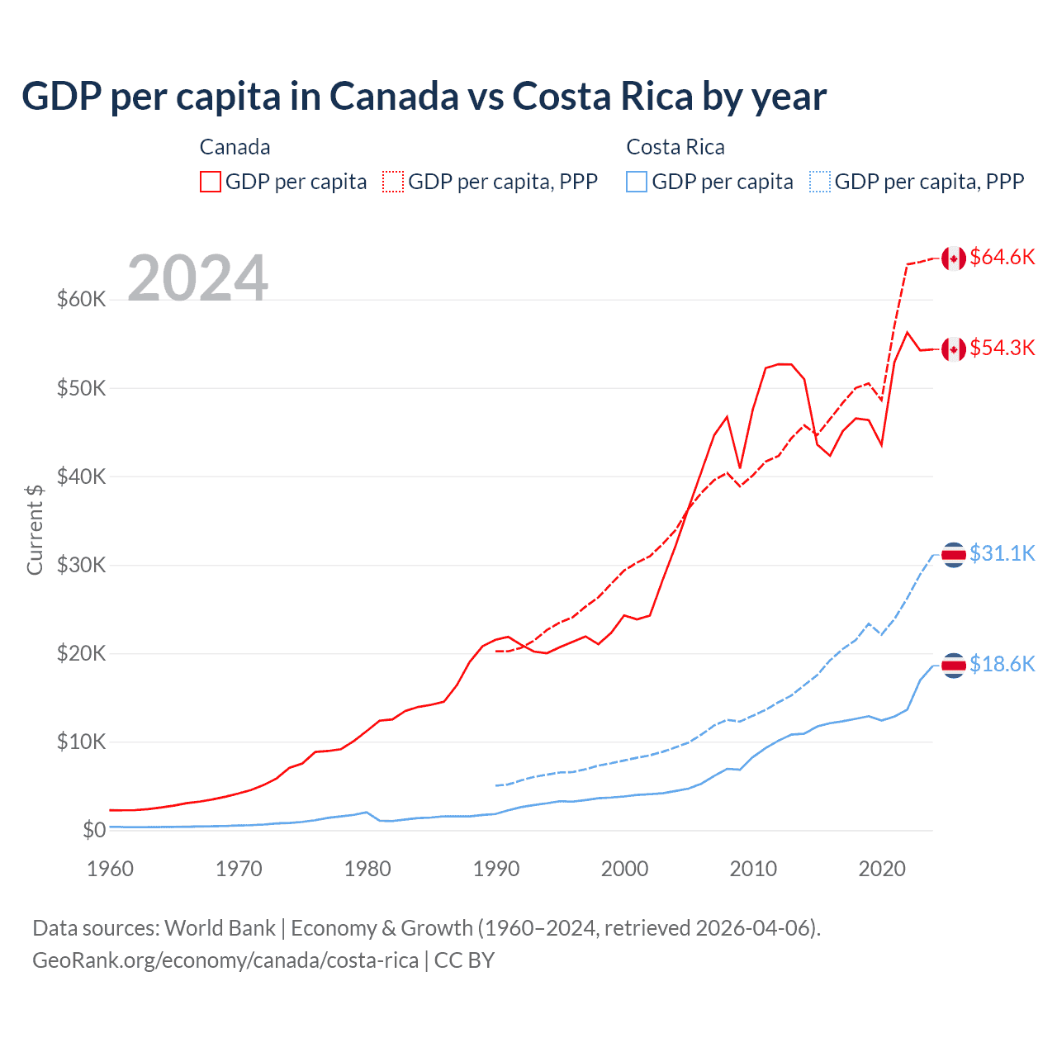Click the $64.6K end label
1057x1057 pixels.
click(x=1002, y=258)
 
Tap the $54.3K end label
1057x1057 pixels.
click(x=1002, y=348)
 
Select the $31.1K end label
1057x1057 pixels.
click(x=1002, y=553)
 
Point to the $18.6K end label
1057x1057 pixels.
click(x=1002, y=664)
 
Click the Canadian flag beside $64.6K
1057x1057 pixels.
click(x=954, y=258)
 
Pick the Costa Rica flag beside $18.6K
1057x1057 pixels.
click(x=954, y=665)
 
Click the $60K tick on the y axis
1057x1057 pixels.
click(x=81, y=300)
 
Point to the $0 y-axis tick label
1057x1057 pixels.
click(x=94, y=831)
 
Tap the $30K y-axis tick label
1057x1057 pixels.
click(x=81, y=566)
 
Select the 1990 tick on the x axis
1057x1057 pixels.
click(x=496, y=869)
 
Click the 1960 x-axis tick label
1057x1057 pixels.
click(x=110, y=869)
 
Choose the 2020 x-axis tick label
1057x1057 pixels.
click(x=882, y=869)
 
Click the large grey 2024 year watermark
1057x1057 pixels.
click(x=197, y=278)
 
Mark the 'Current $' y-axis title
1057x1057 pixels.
click(x=35, y=529)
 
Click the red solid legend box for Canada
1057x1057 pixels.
click(x=211, y=182)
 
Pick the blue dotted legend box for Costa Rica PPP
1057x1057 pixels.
click(x=820, y=182)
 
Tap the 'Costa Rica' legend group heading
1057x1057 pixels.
click(x=675, y=147)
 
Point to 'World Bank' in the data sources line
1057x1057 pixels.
click(x=220, y=928)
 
